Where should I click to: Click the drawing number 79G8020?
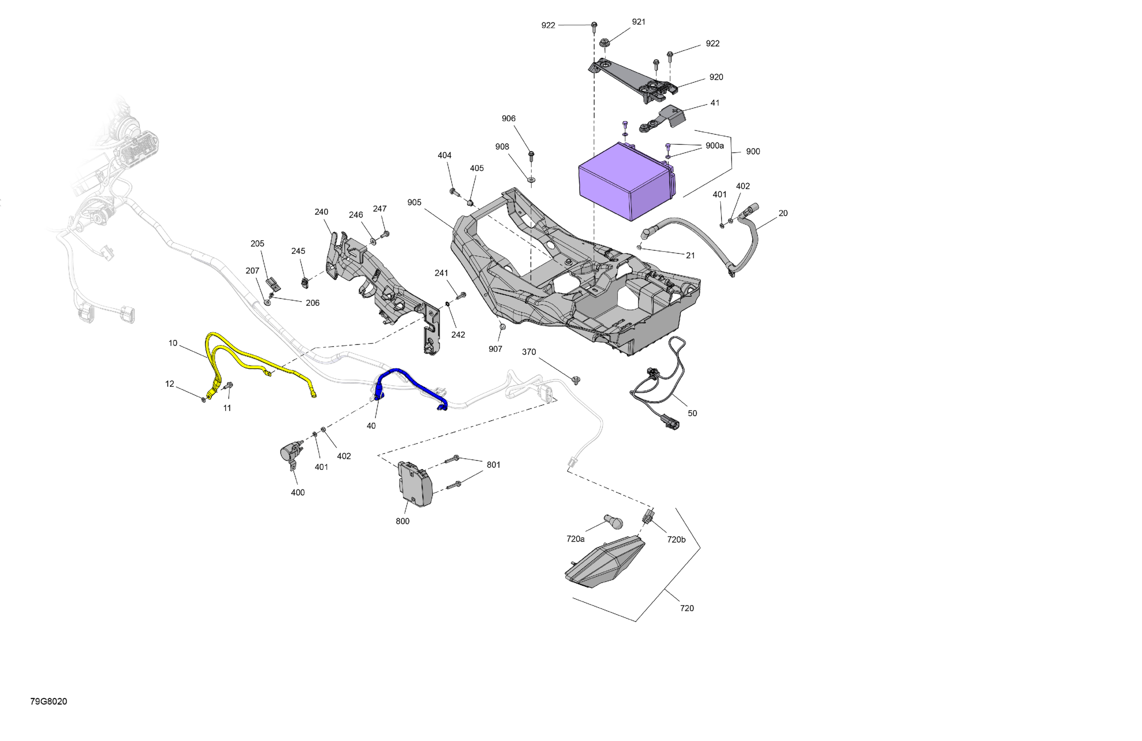[48, 701]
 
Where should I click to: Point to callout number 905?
[414, 202]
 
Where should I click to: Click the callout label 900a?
[714, 146]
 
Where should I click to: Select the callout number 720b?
[676, 539]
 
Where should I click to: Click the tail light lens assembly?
[605, 561]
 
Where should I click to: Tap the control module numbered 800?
[415, 484]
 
